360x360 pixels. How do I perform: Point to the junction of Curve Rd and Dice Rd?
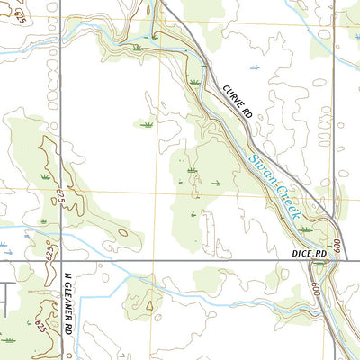click(337, 261)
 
